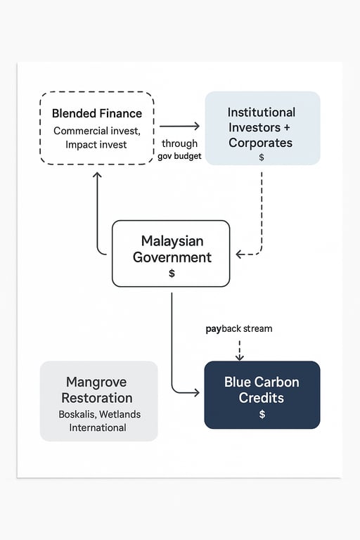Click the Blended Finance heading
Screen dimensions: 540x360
[x=97, y=113]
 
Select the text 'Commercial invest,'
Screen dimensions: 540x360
[x=97, y=131]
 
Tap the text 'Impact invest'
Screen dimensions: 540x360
[x=96, y=144]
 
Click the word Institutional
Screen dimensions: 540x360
[x=262, y=112]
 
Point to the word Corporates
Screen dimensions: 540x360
[x=260, y=143]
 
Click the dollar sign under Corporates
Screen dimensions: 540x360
[x=262, y=157]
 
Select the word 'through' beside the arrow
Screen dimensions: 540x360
[x=179, y=143]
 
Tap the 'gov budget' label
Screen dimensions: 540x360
[x=179, y=156]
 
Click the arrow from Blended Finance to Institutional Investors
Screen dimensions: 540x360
[x=179, y=127]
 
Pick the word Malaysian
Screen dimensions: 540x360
[x=172, y=241]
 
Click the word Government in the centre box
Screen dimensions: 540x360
[x=172, y=257]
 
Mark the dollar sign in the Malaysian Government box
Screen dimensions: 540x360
[x=172, y=274]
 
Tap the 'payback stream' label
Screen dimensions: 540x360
[x=238, y=328]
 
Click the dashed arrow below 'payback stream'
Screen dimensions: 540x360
[x=239, y=349]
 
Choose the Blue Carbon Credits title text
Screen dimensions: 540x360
[x=262, y=390]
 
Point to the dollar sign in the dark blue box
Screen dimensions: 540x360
[x=262, y=414]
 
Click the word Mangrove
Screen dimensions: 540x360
[x=96, y=382]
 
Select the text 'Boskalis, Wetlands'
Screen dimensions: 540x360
[x=99, y=414]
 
